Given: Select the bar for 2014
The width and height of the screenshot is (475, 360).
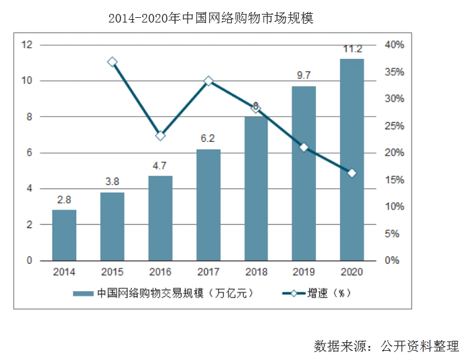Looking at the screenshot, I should [64, 235].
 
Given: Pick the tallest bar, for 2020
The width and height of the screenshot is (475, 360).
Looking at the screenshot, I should [352, 159].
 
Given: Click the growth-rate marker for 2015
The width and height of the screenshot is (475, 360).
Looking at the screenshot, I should [113, 62].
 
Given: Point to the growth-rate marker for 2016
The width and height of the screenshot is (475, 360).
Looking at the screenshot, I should [160, 135].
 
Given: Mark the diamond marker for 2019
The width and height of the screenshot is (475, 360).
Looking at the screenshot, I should [304, 147].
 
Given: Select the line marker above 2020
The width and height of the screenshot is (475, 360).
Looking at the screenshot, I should [352, 173].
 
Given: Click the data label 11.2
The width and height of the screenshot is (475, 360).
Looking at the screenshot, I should [352, 49].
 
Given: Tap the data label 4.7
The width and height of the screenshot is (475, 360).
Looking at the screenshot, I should [160, 166].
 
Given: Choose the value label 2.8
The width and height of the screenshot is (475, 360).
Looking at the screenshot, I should [64, 200].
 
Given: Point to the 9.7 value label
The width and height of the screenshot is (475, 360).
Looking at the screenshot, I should [304, 76].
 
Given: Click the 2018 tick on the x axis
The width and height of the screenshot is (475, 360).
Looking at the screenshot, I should [256, 272].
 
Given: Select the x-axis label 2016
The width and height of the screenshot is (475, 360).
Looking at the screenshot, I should [160, 272].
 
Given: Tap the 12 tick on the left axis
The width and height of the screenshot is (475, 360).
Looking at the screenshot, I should [27, 44].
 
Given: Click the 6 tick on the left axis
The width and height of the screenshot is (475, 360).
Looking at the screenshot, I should [30, 152].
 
